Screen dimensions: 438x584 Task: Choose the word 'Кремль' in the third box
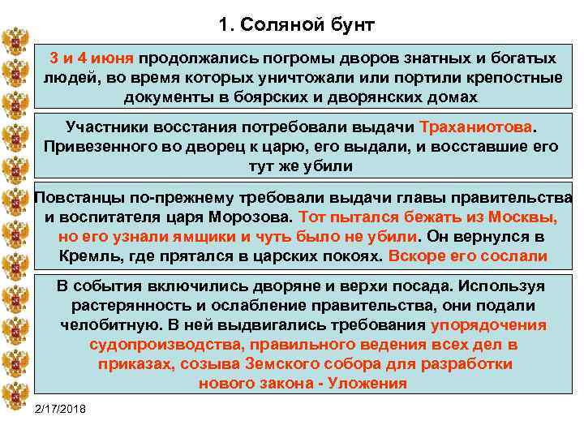point(86,256)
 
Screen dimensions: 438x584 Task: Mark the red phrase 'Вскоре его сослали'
point(468,256)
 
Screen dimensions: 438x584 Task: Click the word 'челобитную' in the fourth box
point(101,325)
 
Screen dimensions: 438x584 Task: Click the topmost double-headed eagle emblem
point(15,41)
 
